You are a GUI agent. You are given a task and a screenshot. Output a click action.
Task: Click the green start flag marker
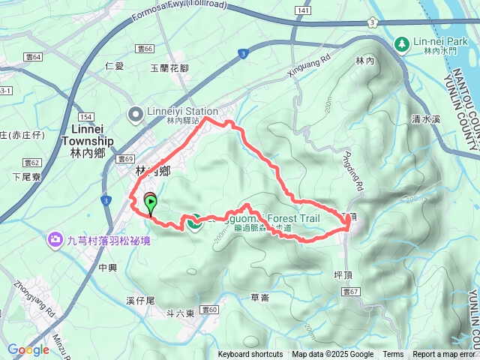click(151, 202)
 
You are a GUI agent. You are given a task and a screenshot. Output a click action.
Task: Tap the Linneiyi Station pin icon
click(136, 115)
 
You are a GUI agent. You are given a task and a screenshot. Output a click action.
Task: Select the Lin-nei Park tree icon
click(402, 45)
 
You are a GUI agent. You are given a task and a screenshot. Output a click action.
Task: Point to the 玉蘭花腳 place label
click(170, 68)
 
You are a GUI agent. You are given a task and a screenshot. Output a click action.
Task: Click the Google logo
click(28, 349)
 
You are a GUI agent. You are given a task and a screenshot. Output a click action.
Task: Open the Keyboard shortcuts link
click(250, 355)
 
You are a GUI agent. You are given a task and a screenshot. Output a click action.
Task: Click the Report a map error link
click(444, 355)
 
